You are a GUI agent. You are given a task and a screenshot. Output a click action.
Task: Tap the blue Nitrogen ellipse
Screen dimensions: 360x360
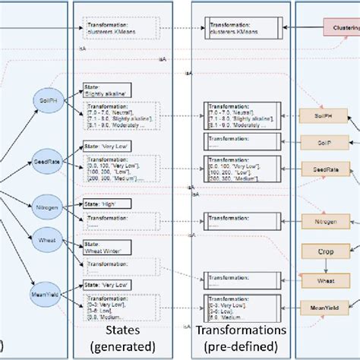click(x=45, y=206)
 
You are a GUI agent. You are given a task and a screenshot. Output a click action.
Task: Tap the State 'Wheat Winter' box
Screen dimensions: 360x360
click(x=107, y=247)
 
